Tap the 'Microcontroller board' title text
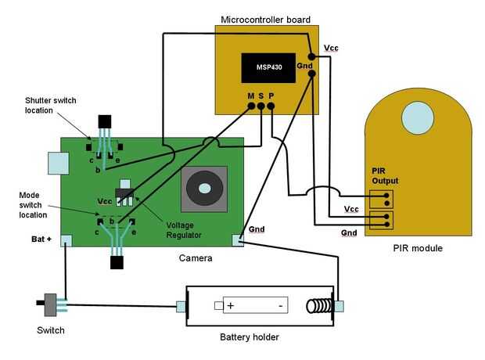click(266, 19)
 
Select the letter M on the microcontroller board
click(250, 96)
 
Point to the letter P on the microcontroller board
click(271, 96)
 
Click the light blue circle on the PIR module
click(418, 117)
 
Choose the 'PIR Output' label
click(385, 175)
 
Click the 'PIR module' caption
click(418, 248)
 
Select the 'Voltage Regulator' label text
click(184, 230)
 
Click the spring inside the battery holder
click(322, 305)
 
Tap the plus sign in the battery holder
click(231, 305)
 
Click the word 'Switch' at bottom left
click(51, 330)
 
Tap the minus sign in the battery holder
click(278, 305)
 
